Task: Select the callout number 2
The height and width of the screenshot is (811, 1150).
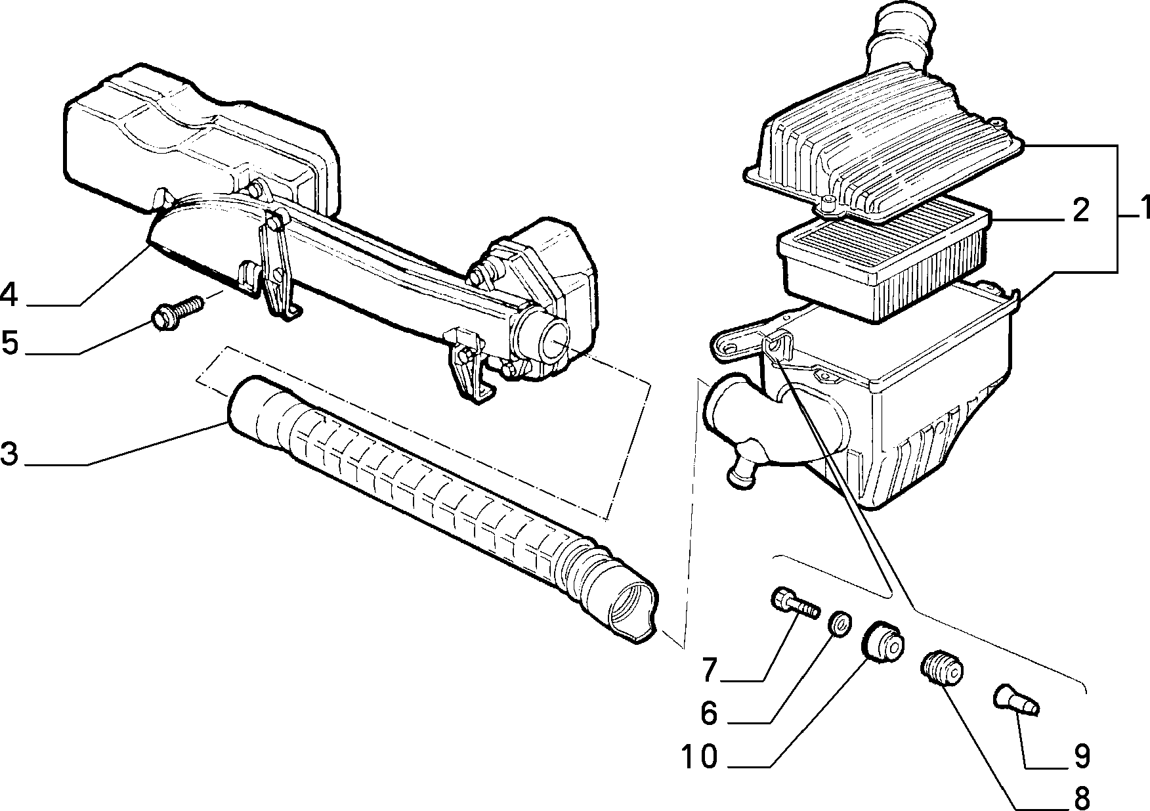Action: coord(1076,211)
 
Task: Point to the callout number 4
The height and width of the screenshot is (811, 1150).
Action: coord(9,294)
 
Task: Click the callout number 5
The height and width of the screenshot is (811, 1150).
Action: coord(10,343)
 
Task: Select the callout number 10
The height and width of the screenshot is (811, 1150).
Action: coord(700,757)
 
